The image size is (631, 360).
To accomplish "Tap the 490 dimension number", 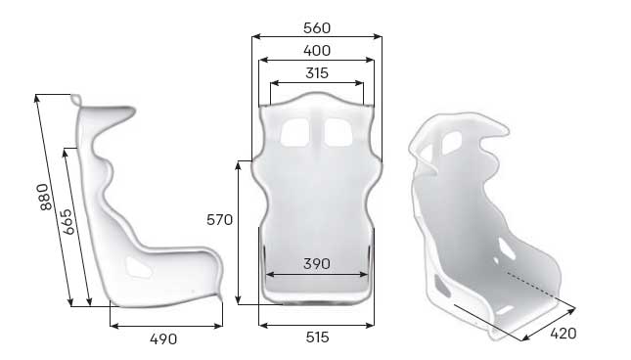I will click(x=163, y=339).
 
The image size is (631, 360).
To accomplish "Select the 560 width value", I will click(x=316, y=27).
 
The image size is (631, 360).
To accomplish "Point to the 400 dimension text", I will click(x=316, y=50).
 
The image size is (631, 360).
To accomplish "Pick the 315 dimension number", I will click(x=316, y=72).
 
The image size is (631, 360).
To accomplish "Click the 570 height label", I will click(x=219, y=220).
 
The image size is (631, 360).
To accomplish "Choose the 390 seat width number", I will click(x=316, y=263).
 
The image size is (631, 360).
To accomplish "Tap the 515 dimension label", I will click(x=316, y=337).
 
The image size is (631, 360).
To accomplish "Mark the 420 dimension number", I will click(x=563, y=333).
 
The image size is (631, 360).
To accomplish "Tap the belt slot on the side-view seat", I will click(x=137, y=264).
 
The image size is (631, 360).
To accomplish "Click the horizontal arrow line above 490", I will click(x=166, y=325).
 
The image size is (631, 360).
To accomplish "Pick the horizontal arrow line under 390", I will click(x=316, y=275).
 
